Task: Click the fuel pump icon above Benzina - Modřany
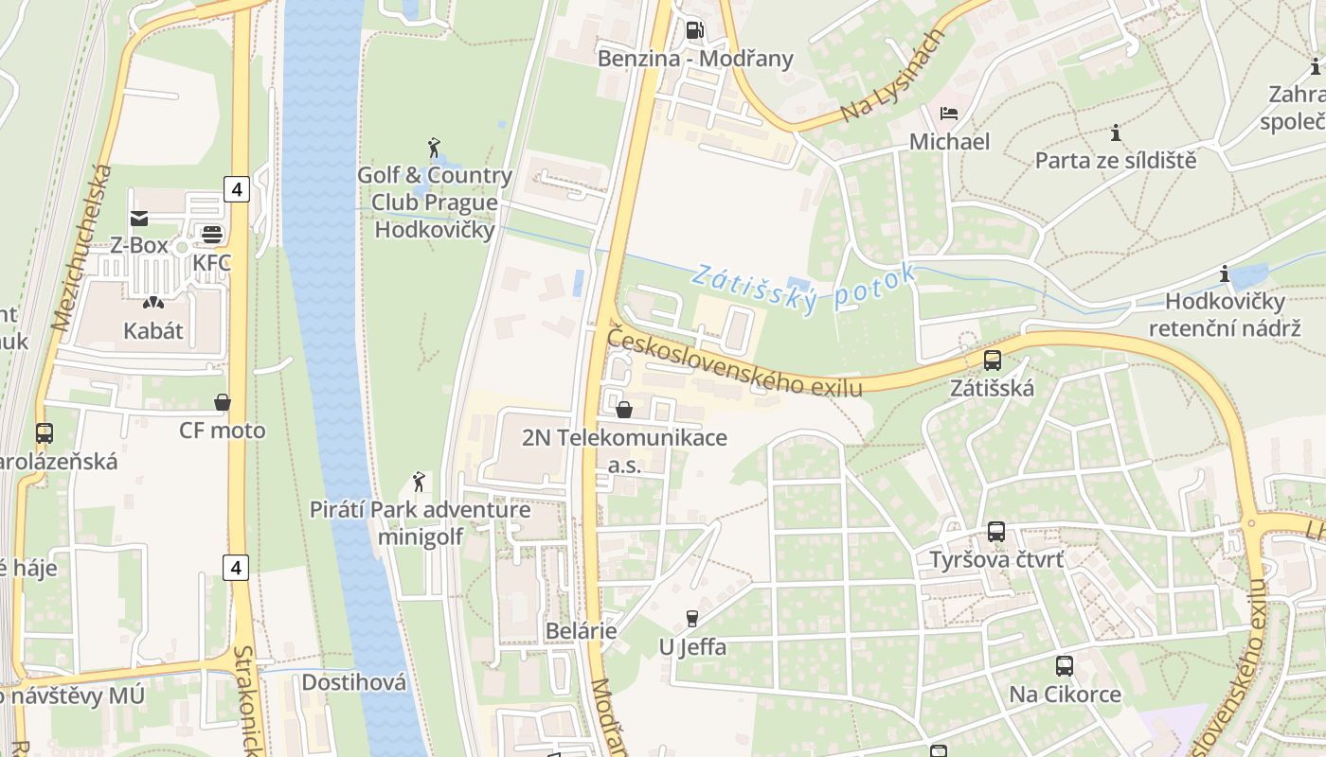(x=694, y=30)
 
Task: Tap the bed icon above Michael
(x=948, y=114)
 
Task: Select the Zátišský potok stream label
(x=804, y=288)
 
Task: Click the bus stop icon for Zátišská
(x=992, y=361)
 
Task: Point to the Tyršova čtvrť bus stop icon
(x=995, y=532)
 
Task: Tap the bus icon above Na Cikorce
(x=1065, y=666)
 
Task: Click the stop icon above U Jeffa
(x=692, y=619)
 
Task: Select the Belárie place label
(x=581, y=631)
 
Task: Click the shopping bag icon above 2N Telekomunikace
(x=624, y=410)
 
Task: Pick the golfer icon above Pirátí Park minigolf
(x=419, y=482)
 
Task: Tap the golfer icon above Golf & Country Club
(x=434, y=148)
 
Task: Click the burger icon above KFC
(x=211, y=235)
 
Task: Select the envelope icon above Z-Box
(x=139, y=219)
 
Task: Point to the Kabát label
(x=152, y=331)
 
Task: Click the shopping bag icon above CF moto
(x=223, y=403)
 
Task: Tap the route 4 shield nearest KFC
(x=237, y=189)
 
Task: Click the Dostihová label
(x=353, y=682)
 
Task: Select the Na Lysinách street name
(x=894, y=77)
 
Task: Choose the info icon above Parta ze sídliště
(x=1116, y=133)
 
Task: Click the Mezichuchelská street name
(x=81, y=248)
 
